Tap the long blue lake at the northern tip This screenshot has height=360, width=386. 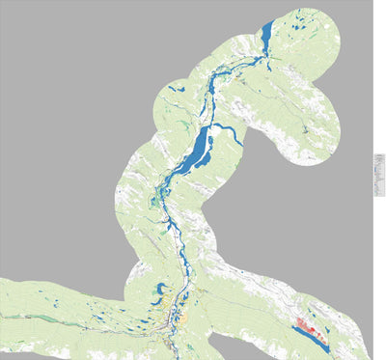265,39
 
